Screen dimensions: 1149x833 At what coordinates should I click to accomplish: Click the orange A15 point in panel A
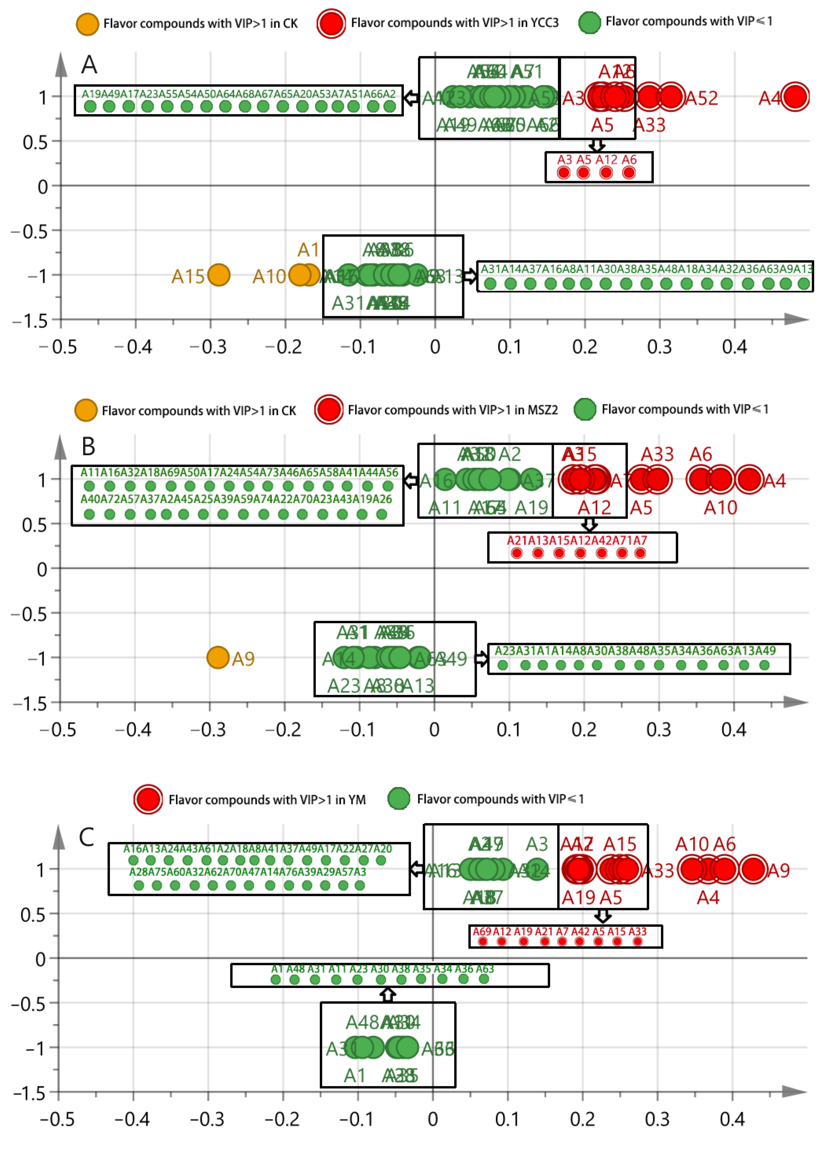pyautogui.click(x=219, y=275)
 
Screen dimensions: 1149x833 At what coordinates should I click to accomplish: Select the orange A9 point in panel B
pyautogui.click(x=218, y=657)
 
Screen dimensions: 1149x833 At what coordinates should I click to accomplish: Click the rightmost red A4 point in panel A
pyautogui.click(x=795, y=96)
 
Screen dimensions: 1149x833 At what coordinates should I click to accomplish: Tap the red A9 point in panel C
pyautogui.click(x=752, y=869)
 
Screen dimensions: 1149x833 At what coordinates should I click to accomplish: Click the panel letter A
pyautogui.click(x=89, y=65)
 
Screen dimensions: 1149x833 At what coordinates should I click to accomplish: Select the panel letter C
pyautogui.click(x=87, y=837)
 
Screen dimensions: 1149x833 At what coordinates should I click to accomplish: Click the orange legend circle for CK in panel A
pyautogui.click(x=87, y=24)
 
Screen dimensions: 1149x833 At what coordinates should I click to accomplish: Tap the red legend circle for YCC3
pyautogui.click(x=331, y=23)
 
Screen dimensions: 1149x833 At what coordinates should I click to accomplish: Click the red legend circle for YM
pyautogui.click(x=148, y=799)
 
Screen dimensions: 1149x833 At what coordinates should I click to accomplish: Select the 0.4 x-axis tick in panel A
pyautogui.click(x=735, y=347)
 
